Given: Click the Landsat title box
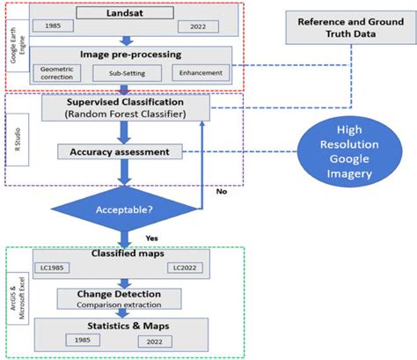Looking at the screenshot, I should pyautogui.click(x=127, y=14).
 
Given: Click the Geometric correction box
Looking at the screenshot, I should pyautogui.click(x=58, y=73).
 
